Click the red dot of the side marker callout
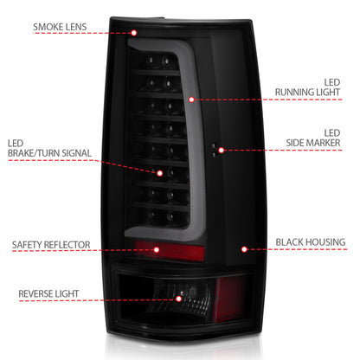coord(222,150)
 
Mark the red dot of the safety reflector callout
coord(156,249)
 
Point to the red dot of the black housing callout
coord(245,249)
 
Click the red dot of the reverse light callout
coord(179,299)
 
